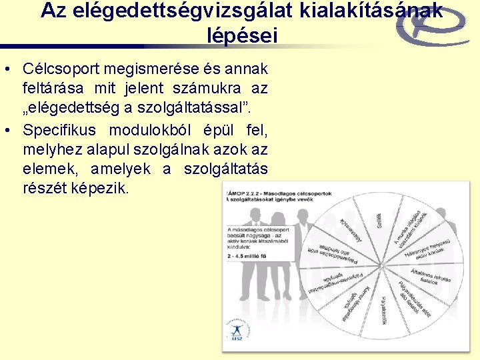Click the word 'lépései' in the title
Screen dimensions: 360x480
(242, 36)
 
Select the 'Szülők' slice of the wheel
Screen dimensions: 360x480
(379, 221)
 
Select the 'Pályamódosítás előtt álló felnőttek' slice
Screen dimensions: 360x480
(331, 252)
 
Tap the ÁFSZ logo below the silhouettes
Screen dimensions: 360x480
(235, 332)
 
